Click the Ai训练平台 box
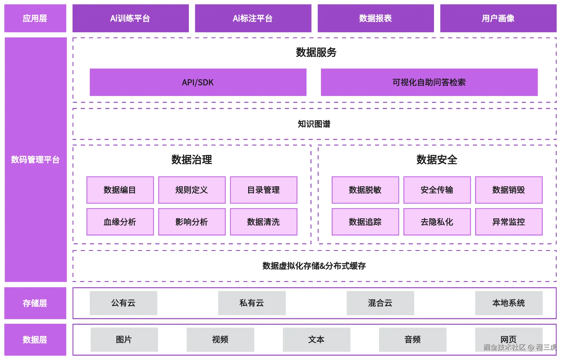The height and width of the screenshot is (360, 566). pyautogui.click(x=130, y=18)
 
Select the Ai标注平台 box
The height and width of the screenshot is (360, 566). pyautogui.click(x=253, y=18)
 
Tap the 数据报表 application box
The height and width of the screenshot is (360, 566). pyautogui.click(x=376, y=18)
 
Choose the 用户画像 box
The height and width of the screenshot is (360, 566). pyautogui.click(x=498, y=18)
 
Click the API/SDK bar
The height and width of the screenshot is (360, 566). pyautogui.click(x=198, y=82)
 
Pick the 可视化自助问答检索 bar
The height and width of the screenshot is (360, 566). pyautogui.click(x=429, y=82)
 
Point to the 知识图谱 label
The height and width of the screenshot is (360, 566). pyautogui.click(x=314, y=124)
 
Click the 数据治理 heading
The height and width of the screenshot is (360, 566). pyautogui.click(x=191, y=160)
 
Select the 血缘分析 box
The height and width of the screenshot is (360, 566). pyautogui.click(x=120, y=222)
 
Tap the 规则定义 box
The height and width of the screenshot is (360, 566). pyautogui.click(x=192, y=190)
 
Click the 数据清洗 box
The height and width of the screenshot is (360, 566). pyautogui.click(x=263, y=222)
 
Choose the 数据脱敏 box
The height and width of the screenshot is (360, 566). pyautogui.click(x=365, y=190)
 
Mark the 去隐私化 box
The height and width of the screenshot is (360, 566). pyautogui.click(x=437, y=222)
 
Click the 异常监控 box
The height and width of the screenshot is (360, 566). pyautogui.click(x=508, y=222)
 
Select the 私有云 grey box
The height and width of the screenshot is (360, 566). pyautogui.click(x=252, y=303)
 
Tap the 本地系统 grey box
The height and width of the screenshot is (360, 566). pyautogui.click(x=508, y=303)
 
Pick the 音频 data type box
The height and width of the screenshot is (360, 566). pyautogui.click(x=412, y=339)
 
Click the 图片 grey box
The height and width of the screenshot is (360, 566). pyautogui.click(x=124, y=339)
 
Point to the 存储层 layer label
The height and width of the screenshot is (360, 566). pyautogui.click(x=35, y=303)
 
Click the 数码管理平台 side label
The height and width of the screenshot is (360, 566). pyautogui.click(x=35, y=160)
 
